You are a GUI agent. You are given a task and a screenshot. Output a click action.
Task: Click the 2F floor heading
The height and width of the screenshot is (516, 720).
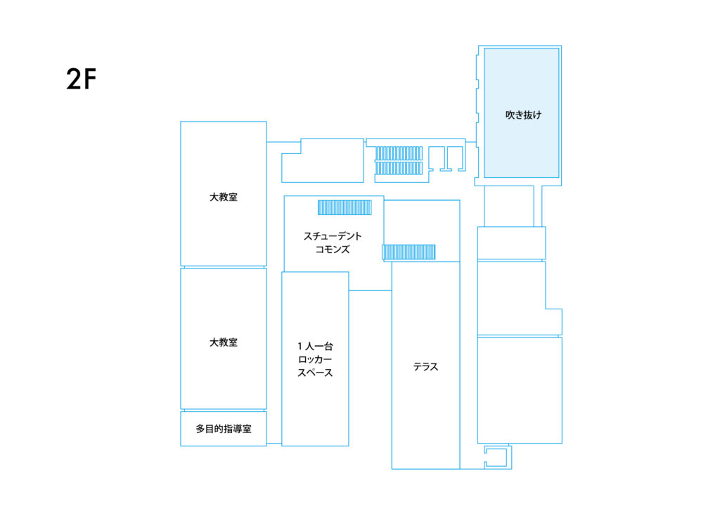coord(82,79)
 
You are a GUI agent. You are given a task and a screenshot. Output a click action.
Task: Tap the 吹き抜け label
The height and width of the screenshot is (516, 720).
coord(523,115)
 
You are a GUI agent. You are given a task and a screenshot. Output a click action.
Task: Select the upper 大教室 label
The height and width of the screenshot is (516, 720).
coord(224,197)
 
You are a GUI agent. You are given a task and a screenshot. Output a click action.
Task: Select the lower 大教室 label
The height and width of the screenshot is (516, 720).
coord(224,342)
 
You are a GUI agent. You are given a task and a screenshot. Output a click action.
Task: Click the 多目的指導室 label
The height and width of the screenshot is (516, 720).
coord(224,429)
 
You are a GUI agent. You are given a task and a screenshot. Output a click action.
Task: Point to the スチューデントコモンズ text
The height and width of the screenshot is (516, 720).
coord(333,243)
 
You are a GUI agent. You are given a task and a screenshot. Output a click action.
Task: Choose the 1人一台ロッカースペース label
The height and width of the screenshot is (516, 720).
coord(315,359)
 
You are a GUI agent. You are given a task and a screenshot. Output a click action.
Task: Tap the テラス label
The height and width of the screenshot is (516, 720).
coord(425,366)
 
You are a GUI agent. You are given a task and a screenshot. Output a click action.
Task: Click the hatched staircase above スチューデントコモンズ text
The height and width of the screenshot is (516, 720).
coord(345,207)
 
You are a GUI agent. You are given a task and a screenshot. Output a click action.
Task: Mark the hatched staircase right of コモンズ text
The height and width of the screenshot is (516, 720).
coord(409,252)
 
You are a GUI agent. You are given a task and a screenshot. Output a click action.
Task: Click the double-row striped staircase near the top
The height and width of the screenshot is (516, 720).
coord(399,161)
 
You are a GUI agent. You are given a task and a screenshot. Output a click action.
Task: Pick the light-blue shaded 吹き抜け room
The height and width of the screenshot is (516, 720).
coord(522,113)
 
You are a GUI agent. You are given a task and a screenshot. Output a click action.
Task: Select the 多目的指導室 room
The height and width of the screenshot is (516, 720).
coord(224,429)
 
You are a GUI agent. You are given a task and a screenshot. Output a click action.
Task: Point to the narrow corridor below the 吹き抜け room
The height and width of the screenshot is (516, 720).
coord(509,206)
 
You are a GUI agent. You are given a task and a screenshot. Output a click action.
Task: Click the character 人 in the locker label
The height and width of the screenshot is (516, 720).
coord(310,346)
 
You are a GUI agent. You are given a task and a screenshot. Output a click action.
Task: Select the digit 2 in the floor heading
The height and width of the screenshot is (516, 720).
coord(73,79)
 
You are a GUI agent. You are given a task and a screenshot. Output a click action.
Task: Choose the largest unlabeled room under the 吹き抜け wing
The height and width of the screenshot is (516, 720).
coord(520,390)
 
